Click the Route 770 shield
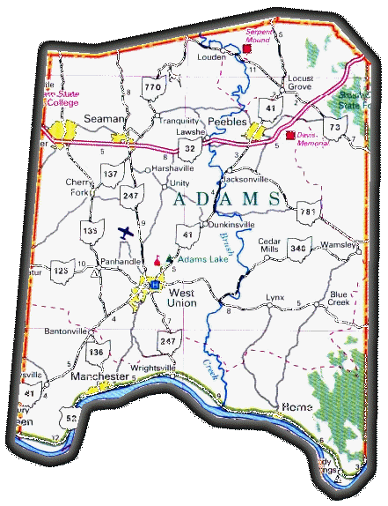(x=153, y=88)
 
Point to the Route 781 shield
(x=307, y=212)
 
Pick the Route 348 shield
(x=299, y=249)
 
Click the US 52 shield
(x=71, y=417)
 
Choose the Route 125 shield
(x=60, y=271)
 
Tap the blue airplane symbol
(x=126, y=233)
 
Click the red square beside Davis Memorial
(x=290, y=135)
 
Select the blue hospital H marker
(x=156, y=286)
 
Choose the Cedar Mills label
(x=268, y=244)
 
